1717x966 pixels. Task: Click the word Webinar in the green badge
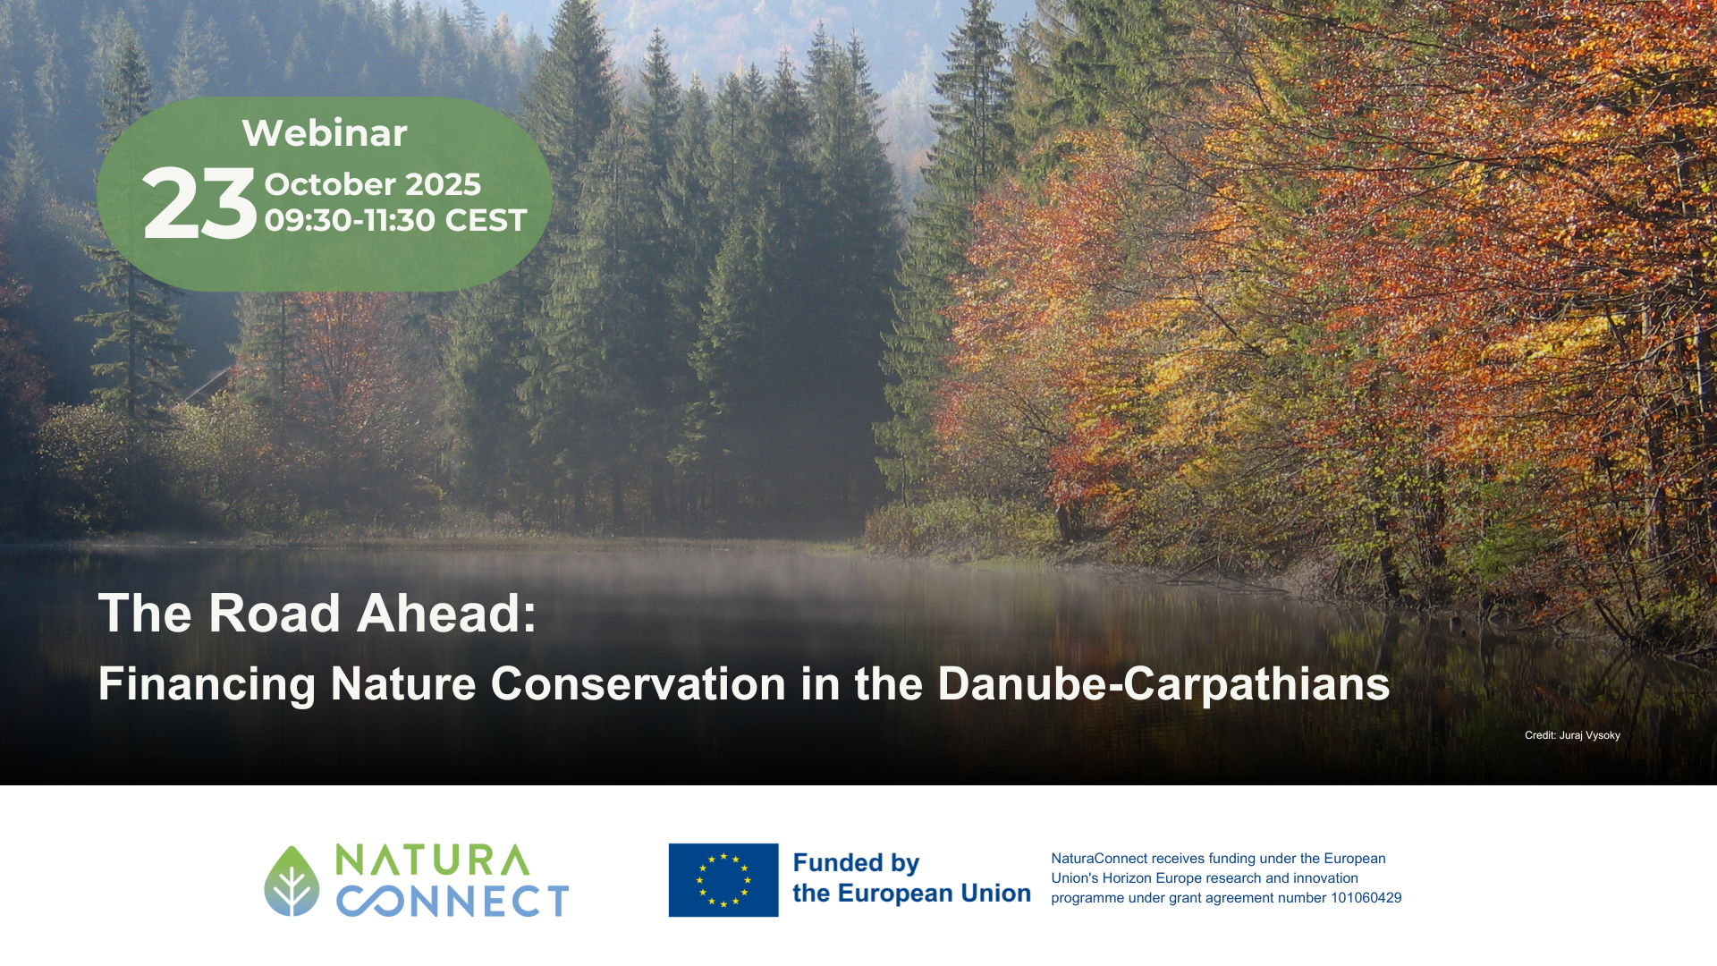point(325,133)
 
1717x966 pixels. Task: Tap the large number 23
point(199,204)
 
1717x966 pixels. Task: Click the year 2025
point(442,184)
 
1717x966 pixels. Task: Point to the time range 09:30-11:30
point(350,220)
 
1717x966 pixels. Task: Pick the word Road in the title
point(275,614)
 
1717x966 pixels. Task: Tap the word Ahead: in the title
point(447,614)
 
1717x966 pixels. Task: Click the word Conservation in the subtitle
point(639,684)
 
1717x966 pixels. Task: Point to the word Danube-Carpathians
point(1163,684)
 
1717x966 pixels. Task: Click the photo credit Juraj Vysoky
point(1589,735)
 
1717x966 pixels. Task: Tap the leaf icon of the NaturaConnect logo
point(292,881)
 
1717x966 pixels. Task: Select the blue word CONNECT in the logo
point(453,901)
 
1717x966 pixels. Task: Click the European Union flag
point(723,880)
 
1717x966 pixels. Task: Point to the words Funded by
point(856,863)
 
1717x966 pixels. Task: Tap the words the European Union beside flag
point(911,894)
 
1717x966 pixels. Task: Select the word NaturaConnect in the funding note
point(1099,859)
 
